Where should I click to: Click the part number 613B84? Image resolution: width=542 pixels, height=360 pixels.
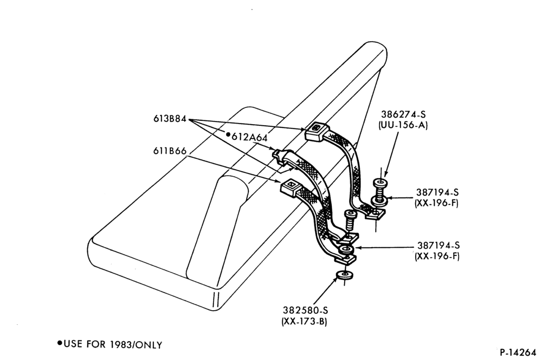(170, 119)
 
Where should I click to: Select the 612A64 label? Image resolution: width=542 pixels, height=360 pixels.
(249, 137)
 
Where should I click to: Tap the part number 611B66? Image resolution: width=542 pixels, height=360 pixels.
(170, 151)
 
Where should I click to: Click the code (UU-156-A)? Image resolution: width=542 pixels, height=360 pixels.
(403, 125)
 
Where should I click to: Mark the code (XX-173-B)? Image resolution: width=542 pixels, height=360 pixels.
(305, 322)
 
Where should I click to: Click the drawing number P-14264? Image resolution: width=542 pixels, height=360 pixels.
(518, 352)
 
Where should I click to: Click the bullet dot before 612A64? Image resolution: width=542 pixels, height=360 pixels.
(228, 134)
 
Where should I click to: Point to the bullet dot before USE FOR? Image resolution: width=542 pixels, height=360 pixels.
(60, 343)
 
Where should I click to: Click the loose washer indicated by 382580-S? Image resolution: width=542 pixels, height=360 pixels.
(344, 275)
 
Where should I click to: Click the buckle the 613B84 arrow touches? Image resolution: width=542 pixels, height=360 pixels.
(314, 132)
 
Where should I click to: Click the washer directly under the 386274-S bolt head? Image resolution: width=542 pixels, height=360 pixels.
(379, 200)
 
